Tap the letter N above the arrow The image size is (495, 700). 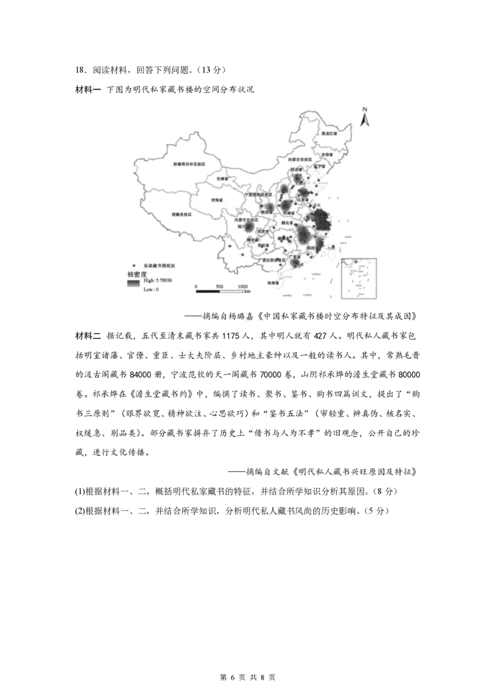click(365, 109)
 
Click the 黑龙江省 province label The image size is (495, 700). click(329, 134)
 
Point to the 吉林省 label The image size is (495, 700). click(326, 154)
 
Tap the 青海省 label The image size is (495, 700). click(217, 200)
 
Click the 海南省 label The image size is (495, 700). click(273, 283)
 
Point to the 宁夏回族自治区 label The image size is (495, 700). click(258, 194)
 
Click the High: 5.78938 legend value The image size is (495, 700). click(157, 281)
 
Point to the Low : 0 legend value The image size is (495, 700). click(151, 289)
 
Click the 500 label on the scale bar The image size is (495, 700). click(219, 287)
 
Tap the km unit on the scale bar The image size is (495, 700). click(247, 292)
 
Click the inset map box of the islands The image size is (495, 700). click(359, 278)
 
